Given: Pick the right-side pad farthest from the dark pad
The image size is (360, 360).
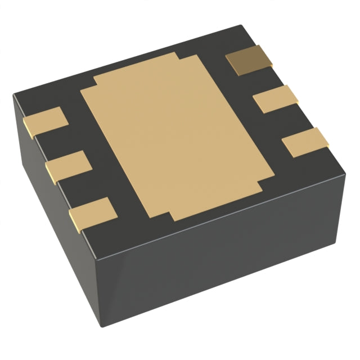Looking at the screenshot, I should (x=305, y=142).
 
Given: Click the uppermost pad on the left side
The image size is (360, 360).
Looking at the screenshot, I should (x=46, y=121).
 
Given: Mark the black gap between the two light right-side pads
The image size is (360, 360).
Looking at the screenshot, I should (x=290, y=119).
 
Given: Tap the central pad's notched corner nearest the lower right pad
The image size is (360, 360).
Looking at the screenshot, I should (x=262, y=186).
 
